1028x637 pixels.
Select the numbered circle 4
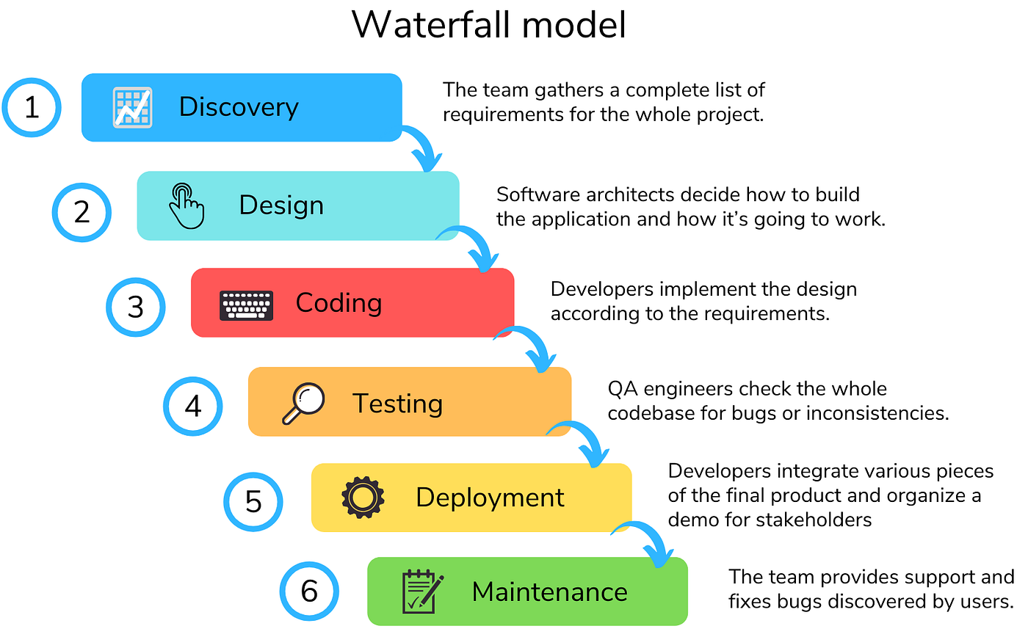(x=192, y=406)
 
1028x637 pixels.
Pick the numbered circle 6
(x=309, y=591)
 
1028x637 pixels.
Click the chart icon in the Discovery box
(x=133, y=108)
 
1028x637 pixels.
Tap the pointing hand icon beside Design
(x=186, y=206)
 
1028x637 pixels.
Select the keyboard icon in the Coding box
(x=247, y=305)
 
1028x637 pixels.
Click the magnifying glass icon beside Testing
(x=303, y=404)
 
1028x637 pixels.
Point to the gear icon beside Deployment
(x=363, y=498)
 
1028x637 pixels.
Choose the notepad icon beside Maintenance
(x=423, y=591)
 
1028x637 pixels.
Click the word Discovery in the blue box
(x=239, y=107)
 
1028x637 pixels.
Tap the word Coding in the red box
(x=339, y=302)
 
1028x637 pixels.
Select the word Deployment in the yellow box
(x=490, y=498)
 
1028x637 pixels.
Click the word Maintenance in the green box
(x=549, y=591)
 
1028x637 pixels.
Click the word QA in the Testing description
(x=621, y=389)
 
